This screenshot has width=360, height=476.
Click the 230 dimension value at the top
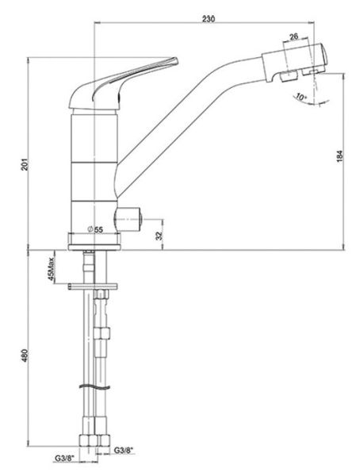pyautogui.click(x=209, y=18)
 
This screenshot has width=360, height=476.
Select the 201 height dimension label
pyautogui.click(x=25, y=164)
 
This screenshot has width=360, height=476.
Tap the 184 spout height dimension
pyautogui.click(x=339, y=156)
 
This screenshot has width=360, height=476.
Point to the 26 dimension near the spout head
pyautogui.click(x=293, y=36)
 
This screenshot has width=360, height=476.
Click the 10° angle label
pyautogui.click(x=301, y=98)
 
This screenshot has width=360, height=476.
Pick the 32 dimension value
pyautogui.click(x=159, y=235)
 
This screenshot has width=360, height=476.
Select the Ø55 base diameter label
pyautogui.click(x=95, y=229)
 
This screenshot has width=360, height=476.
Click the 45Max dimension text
pyautogui.click(x=51, y=269)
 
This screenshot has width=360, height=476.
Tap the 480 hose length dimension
pyautogui.click(x=25, y=355)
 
